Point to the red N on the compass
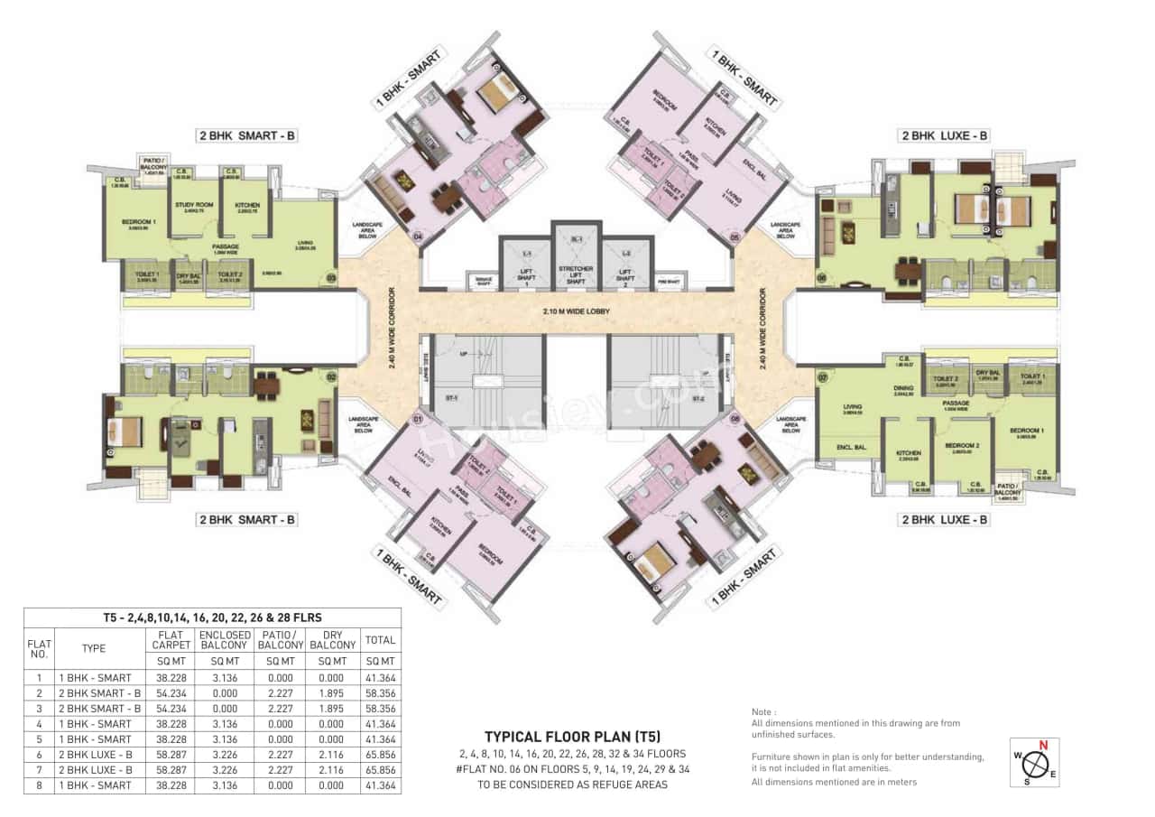(x=1043, y=746)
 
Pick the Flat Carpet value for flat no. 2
(x=170, y=693)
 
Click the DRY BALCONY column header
(x=332, y=640)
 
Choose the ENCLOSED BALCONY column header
(x=225, y=640)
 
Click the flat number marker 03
(x=331, y=278)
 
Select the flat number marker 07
(x=822, y=376)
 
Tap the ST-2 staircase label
(x=698, y=398)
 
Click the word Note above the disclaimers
(x=763, y=711)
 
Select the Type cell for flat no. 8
(x=95, y=785)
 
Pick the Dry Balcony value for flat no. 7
(x=332, y=770)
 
